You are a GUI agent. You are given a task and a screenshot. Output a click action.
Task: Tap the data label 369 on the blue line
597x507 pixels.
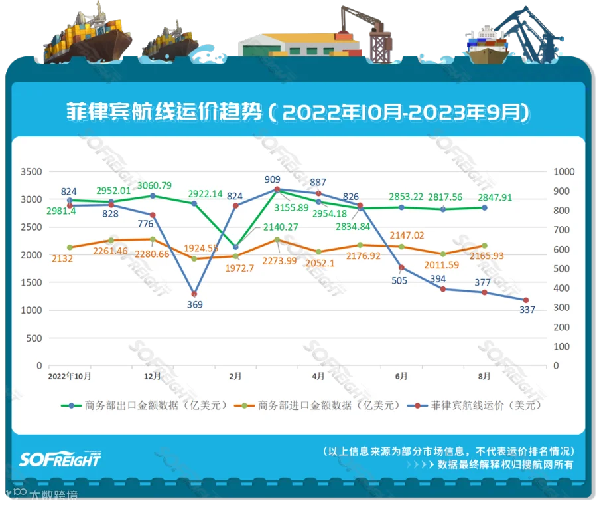[x=195, y=305]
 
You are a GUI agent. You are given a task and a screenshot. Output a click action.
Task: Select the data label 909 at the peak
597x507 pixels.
[x=272, y=179]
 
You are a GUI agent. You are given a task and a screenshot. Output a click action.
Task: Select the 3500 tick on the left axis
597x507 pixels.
[x=31, y=171]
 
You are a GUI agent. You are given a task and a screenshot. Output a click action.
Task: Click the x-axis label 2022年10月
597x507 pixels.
[x=70, y=376]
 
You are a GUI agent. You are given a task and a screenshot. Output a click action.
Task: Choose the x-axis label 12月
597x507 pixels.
[x=153, y=376]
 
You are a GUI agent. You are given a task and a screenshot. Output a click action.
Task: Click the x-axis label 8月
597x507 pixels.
[x=484, y=376]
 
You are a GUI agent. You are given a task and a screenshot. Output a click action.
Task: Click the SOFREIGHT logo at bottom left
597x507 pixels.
[x=60, y=459]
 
